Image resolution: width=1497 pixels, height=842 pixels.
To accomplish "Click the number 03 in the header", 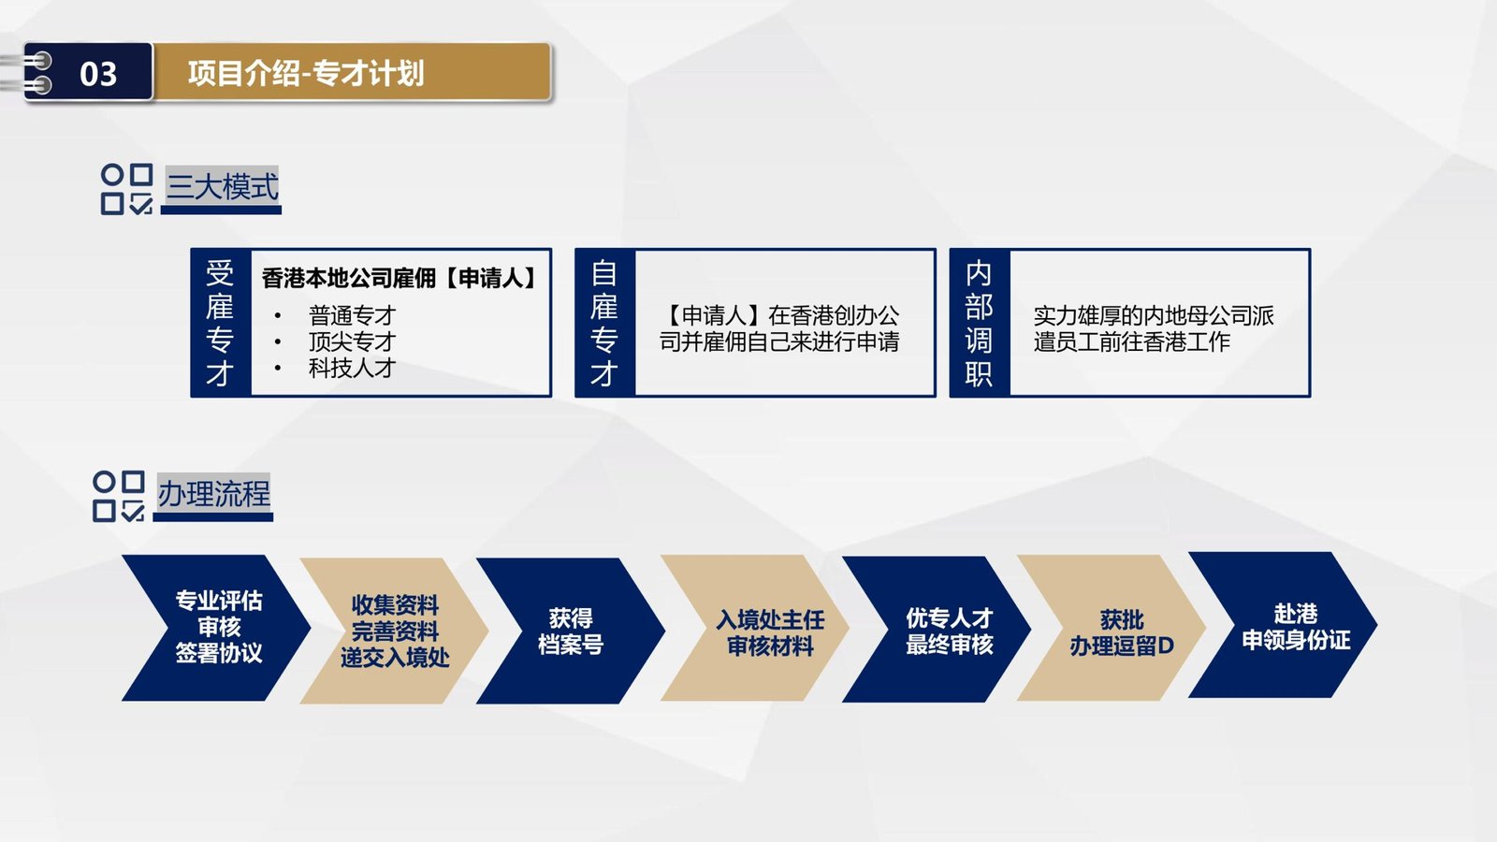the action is coord(98,74).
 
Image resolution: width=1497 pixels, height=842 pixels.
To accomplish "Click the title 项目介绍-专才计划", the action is coord(305,73).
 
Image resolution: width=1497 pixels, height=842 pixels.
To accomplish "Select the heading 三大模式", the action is coord(222,186).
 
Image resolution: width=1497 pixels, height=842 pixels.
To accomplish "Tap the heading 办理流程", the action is coord(214,494).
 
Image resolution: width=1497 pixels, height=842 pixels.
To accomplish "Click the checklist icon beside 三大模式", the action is coord(127,189).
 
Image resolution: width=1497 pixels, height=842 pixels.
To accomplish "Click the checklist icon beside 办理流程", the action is coord(119,496).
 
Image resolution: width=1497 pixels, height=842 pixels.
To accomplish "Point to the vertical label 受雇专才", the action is coord(220,323).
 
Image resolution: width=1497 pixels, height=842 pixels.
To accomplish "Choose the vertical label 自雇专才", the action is coord(604,323).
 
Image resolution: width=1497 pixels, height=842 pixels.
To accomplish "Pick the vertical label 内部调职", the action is coord(979,323).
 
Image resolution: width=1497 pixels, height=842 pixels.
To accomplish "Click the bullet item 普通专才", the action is coord(352,315).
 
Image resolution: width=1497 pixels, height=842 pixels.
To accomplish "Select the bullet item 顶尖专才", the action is coord(352,341).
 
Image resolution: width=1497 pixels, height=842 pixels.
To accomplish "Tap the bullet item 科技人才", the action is coord(352,368).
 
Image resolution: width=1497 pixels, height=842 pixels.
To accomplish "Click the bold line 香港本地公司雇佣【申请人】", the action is coord(399,278).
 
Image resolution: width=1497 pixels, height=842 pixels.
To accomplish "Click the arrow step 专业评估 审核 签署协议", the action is coord(216,628).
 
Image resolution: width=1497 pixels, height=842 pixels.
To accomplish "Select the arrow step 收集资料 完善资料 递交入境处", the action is coord(394,631).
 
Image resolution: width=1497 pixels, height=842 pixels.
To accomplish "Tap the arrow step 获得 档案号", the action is coord(571,631).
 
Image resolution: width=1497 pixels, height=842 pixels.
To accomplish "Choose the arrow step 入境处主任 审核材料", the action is coord(755,628).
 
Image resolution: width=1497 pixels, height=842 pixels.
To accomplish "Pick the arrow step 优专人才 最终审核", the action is coord(937,630).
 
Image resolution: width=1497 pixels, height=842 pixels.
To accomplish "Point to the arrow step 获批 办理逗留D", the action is coord(1112,628).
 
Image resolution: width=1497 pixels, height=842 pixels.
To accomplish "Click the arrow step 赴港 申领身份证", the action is coord(1283,625).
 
